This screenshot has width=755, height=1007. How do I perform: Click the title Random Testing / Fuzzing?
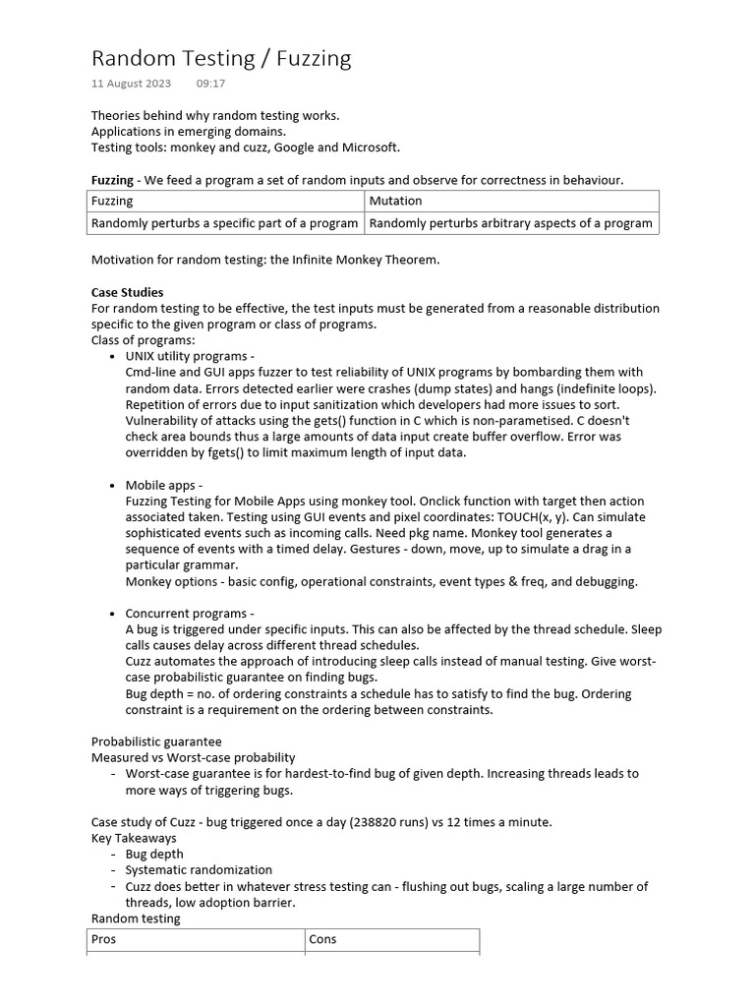(220, 58)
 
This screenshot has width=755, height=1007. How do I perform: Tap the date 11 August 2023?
(131, 85)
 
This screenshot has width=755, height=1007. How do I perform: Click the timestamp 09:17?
(210, 85)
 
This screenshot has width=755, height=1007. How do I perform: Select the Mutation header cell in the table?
(395, 201)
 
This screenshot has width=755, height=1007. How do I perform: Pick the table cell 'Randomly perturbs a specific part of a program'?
(224, 223)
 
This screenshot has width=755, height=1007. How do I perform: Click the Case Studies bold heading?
(128, 292)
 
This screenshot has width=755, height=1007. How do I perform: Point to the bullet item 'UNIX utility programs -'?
(190, 356)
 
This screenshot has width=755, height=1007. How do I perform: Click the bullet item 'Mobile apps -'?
(163, 485)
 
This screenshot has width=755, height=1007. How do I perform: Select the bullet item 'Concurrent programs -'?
(189, 614)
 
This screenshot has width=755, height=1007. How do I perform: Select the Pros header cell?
(103, 939)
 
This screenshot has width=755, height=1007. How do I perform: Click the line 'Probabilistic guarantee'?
(156, 741)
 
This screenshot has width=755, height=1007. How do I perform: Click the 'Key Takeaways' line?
(134, 838)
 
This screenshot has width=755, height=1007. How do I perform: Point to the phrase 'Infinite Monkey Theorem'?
(363, 260)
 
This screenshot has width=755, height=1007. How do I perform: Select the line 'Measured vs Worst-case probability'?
(193, 757)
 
